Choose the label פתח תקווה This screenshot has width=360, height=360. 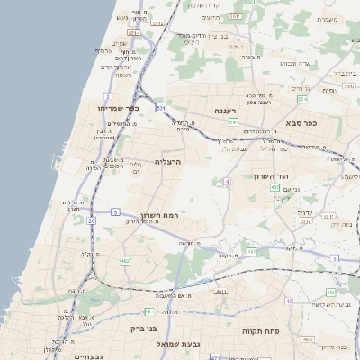click(x=261, y=331)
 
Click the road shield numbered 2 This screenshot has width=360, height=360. click(x=108, y=95)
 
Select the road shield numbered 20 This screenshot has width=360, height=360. click(x=92, y=220)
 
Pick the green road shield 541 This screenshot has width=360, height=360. click(x=232, y=121)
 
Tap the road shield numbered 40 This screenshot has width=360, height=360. click(x=288, y=301)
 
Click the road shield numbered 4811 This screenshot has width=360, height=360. click(x=221, y=292)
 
